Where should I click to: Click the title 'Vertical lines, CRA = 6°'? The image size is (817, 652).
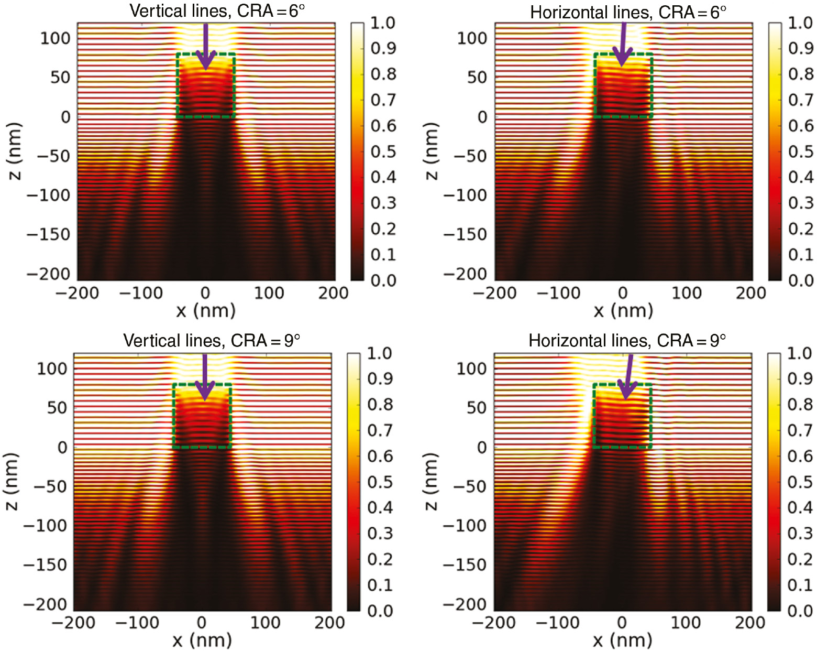[217, 11]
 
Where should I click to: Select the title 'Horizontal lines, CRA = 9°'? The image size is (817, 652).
[627, 341]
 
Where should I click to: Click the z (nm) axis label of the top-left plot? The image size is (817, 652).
[15, 151]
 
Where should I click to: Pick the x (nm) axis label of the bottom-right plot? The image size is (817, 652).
[623, 640]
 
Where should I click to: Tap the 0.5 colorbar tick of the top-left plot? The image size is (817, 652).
[383, 151]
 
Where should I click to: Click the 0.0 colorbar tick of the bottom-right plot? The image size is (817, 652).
[800, 611]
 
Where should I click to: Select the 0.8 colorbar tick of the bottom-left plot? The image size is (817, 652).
[380, 404]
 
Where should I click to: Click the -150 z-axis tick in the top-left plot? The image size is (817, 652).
[48, 234]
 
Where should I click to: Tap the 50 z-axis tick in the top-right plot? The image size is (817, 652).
[477, 78]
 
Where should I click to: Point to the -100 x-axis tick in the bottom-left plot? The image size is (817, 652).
[137, 623]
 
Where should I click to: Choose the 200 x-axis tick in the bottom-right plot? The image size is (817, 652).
[750, 623]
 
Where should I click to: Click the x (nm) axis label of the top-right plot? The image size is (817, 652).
[623, 310]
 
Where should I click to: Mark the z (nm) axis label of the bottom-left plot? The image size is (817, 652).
[12, 481]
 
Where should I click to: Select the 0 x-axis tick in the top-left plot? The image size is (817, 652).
[205, 293]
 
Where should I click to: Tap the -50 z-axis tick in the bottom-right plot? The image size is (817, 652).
[469, 486]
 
